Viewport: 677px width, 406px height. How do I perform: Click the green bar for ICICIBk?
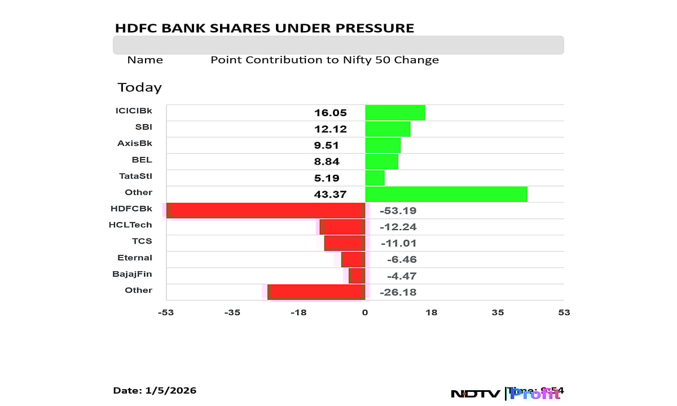(x=395, y=113)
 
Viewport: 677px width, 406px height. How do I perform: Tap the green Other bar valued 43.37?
(x=446, y=194)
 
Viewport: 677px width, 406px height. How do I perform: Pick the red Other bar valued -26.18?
(x=316, y=292)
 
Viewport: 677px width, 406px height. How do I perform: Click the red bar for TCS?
(x=344, y=243)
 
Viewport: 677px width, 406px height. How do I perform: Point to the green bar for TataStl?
(x=375, y=178)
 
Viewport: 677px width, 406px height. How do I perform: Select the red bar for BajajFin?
(x=357, y=276)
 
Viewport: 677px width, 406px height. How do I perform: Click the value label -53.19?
(x=398, y=211)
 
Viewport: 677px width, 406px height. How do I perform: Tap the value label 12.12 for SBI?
(x=331, y=129)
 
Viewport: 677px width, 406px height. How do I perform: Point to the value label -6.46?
(x=402, y=260)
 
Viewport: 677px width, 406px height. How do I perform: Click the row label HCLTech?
(x=130, y=225)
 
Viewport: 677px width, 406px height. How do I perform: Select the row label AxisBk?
(x=135, y=143)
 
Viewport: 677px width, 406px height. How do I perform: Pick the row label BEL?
(x=142, y=160)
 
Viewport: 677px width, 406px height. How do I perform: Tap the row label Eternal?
(x=135, y=258)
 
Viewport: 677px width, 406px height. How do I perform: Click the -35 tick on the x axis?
(x=232, y=312)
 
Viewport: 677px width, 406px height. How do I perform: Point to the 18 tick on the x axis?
(x=432, y=312)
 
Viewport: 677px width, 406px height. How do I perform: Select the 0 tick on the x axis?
(x=365, y=312)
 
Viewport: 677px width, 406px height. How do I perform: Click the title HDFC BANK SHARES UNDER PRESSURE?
(x=264, y=28)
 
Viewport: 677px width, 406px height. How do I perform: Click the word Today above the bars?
(x=139, y=87)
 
